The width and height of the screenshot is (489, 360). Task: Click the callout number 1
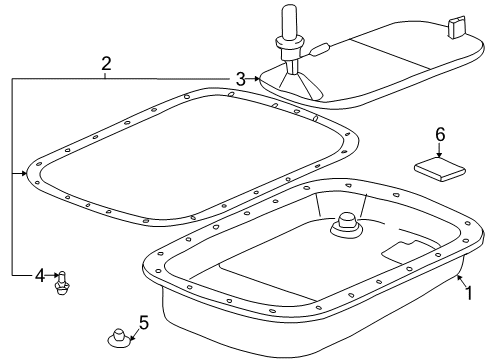pos(469,293)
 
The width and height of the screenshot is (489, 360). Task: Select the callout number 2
pos(106,64)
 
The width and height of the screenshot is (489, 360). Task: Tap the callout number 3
pos(240,79)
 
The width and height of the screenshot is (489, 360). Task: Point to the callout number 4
pos(40,276)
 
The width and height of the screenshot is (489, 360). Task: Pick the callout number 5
pos(144,322)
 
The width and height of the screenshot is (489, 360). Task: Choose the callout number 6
pos(440,135)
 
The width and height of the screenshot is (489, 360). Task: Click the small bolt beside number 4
pos(62,283)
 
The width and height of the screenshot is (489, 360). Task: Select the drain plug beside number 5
pos(119,339)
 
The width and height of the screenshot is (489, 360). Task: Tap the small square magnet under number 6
pos(440,169)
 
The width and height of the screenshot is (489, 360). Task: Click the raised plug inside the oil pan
pos(346,225)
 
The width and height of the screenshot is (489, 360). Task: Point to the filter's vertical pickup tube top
pos(289,13)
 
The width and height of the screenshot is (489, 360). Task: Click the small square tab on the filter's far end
pos(456,27)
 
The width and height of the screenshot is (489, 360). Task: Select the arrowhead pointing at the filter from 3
pos(257,79)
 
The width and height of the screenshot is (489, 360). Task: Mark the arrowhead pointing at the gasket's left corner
pos(24,173)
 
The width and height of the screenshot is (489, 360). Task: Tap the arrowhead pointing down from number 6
pos(439,155)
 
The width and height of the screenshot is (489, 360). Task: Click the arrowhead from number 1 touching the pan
pos(459,277)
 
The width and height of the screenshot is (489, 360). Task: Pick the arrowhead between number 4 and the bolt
pos(56,275)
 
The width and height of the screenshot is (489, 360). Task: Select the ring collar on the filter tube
pos(289,42)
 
